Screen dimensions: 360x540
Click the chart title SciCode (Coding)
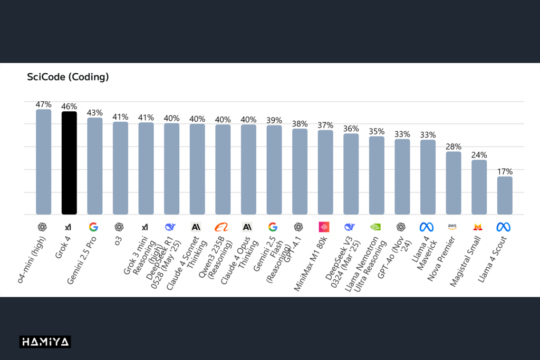68,77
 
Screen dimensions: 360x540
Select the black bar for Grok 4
69,163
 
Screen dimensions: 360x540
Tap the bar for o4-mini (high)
43,162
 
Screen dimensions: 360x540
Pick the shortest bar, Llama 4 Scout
505,196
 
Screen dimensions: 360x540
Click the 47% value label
43,104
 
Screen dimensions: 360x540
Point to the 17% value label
505,171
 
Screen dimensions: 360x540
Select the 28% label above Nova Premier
454,146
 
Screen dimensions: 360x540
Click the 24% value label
479,155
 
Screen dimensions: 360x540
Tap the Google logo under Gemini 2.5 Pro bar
93,227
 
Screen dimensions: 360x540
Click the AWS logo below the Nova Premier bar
452,227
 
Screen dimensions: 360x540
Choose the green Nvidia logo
375,227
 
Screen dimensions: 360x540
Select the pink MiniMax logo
324,227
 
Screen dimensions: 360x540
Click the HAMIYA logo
45,342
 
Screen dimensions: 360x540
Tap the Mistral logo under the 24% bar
478,227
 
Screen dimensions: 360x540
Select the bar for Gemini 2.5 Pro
95,166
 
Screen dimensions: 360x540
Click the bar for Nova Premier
454,183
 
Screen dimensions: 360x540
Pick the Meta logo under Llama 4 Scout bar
504,227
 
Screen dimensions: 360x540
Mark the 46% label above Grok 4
69,106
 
